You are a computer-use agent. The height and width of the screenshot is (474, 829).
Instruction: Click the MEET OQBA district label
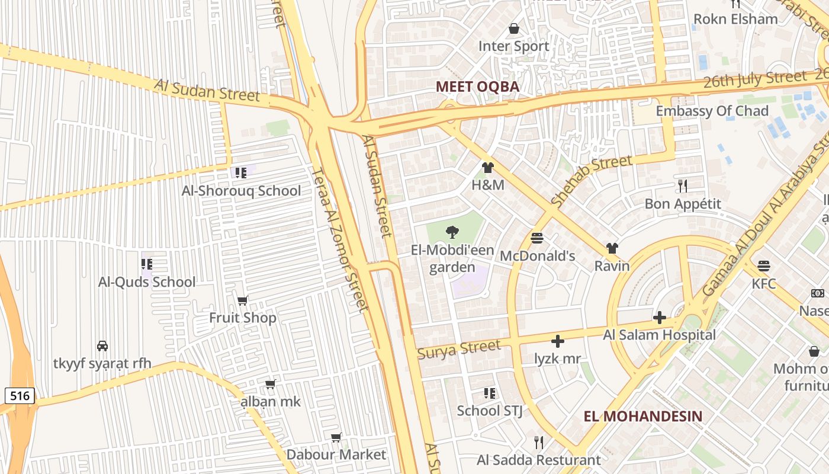tap(477, 87)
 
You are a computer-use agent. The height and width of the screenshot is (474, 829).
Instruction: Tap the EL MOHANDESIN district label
tap(643, 416)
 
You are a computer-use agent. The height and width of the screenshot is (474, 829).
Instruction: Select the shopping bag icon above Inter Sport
tap(514, 28)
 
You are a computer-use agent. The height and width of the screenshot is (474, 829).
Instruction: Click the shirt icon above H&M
tap(488, 168)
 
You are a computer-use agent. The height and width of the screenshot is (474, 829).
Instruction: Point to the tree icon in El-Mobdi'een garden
tap(452, 232)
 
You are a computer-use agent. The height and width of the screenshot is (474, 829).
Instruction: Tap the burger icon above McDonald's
tap(537, 238)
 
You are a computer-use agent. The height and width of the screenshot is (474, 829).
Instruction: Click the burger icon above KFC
tap(764, 265)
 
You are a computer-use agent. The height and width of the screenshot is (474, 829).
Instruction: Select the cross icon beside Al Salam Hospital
tap(659, 318)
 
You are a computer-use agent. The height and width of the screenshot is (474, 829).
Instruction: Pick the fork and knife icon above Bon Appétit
tap(683, 186)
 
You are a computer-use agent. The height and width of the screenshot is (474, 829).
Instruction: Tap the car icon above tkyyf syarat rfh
tap(102, 345)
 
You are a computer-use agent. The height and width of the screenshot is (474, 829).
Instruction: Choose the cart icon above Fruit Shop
tap(242, 300)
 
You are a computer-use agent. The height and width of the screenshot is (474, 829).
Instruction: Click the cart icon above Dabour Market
tap(336, 437)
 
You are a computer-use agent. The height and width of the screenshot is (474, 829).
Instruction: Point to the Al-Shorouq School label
tap(241, 191)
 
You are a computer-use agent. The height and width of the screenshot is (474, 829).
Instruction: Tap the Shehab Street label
tap(592, 180)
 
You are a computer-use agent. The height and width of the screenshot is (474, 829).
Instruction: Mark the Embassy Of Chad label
tap(712, 111)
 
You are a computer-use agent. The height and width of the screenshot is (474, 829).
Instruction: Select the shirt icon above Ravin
tap(612, 248)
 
